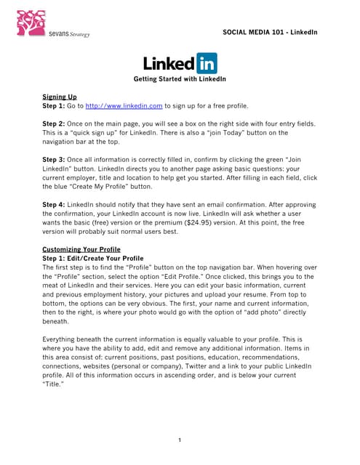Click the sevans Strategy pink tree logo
[30, 23]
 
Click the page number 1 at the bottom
[180, 440]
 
